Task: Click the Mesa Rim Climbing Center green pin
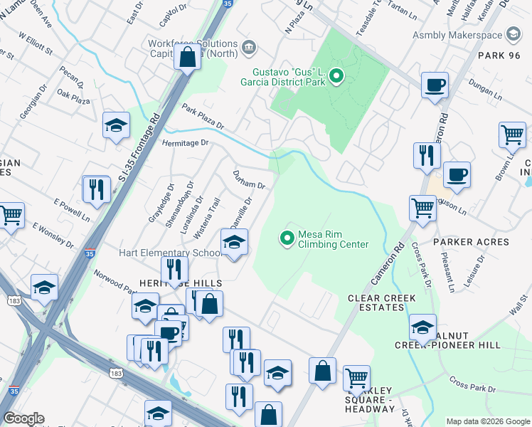(x=287, y=238)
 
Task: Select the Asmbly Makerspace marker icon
(x=512, y=34)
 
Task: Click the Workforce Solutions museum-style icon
(x=249, y=48)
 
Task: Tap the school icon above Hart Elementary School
(x=233, y=244)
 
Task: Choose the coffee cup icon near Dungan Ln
(x=435, y=85)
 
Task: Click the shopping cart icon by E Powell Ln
(x=11, y=214)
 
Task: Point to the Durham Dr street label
(x=249, y=180)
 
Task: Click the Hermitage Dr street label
(x=188, y=142)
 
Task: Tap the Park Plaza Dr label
(x=203, y=118)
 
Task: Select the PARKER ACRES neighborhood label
(x=471, y=242)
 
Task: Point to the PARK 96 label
(x=500, y=56)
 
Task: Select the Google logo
(x=23, y=418)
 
